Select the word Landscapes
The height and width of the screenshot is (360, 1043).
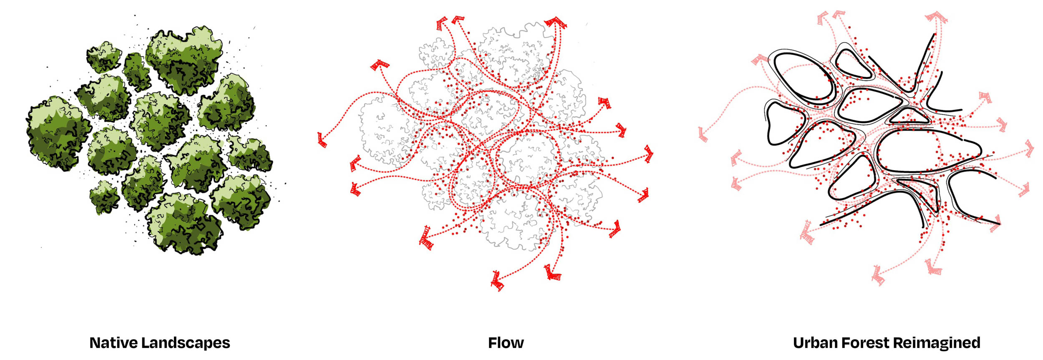(186, 343)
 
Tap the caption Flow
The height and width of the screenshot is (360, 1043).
(506, 343)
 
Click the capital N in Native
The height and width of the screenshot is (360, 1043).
(96, 343)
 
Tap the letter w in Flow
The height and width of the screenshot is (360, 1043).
(516, 345)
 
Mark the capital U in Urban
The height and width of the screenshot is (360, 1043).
(799, 343)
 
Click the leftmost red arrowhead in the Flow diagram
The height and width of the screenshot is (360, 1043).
(322, 140)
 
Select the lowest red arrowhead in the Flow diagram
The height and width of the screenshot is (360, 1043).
(497, 281)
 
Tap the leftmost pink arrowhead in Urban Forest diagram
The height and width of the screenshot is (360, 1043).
(703, 134)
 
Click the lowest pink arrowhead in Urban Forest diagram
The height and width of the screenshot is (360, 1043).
(878, 275)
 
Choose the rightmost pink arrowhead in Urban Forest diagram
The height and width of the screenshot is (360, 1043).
(1030, 149)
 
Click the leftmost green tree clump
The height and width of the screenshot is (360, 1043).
(58, 133)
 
